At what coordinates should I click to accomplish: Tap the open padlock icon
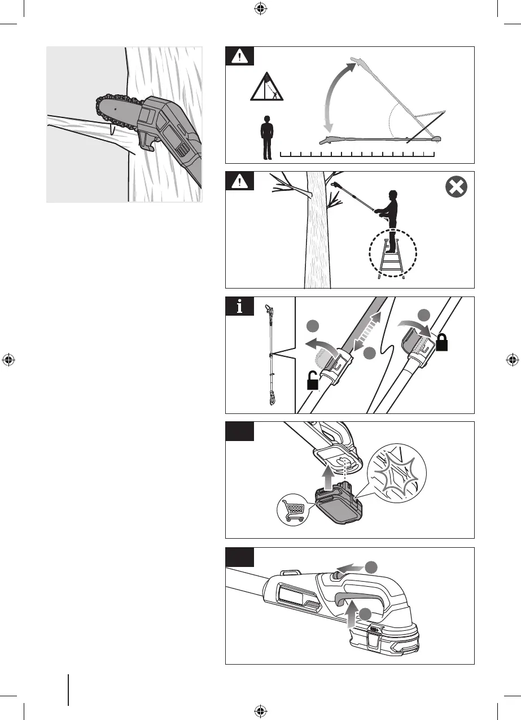coord(312,383)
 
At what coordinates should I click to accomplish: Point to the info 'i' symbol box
coord(240,307)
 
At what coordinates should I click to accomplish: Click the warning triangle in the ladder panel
coord(240,181)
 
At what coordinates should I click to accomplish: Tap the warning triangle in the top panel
coord(240,56)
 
